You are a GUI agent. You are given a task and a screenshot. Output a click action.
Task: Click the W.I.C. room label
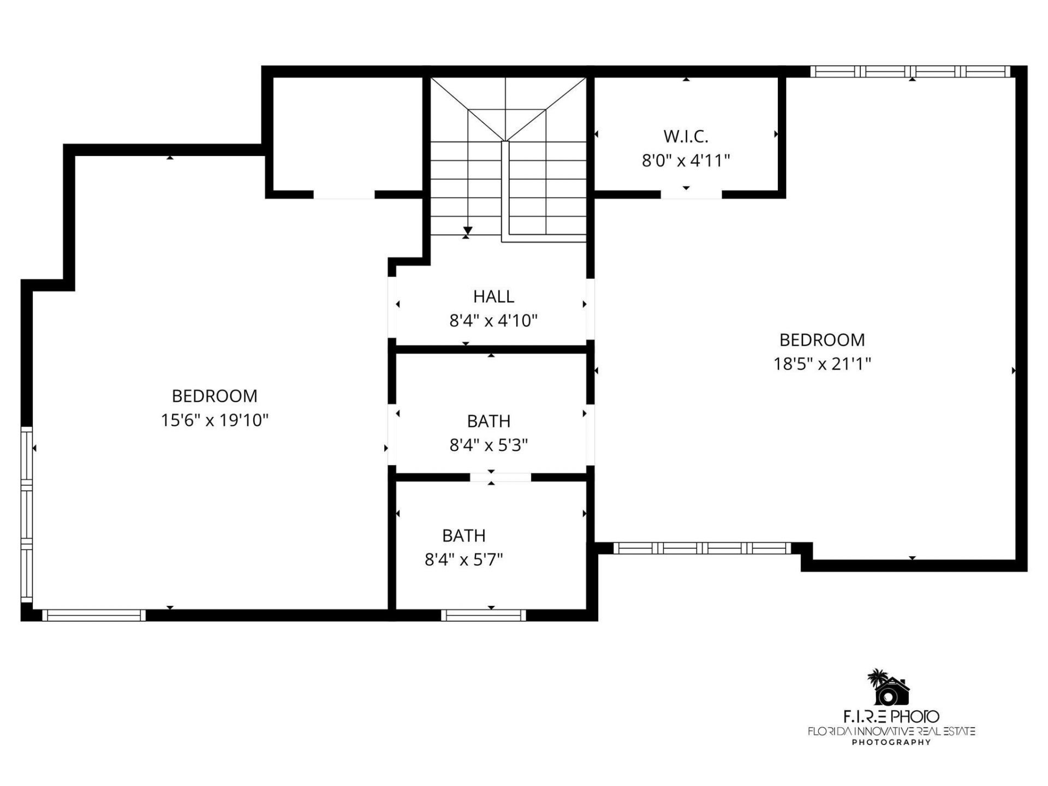tap(686, 136)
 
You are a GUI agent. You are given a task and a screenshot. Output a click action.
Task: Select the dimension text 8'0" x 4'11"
tap(686, 160)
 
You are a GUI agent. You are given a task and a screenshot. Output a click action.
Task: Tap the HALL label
tap(493, 296)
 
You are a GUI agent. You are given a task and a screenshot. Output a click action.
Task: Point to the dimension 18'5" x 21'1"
tap(821, 364)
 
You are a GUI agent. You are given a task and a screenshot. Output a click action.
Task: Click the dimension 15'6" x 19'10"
tap(215, 420)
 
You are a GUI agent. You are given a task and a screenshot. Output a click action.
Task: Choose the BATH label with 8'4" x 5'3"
tap(489, 421)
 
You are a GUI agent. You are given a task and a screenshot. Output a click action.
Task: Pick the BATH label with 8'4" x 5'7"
tap(463, 535)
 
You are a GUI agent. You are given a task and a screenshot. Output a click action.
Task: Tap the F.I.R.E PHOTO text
tap(891, 716)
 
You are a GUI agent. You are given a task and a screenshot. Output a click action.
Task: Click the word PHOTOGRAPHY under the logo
tap(891, 742)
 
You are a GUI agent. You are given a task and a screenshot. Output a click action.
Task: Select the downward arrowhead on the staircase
tap(468, 231)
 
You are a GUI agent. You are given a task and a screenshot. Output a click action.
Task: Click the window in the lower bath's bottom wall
tap(483, 615)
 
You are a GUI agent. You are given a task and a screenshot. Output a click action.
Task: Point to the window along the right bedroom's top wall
tap(910, 72)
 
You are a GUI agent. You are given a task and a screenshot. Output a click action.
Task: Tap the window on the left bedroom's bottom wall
tap(94, 615)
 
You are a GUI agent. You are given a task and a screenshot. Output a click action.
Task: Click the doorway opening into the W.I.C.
tap(691, 194)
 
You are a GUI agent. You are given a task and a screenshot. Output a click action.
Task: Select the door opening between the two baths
tap(500, 478)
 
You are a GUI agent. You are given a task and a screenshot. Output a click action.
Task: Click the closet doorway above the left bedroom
tap(344, 195)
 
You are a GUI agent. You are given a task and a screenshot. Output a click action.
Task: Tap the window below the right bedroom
tap(702, 548)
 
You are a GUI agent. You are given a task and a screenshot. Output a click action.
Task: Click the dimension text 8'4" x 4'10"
tap(493, 320)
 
